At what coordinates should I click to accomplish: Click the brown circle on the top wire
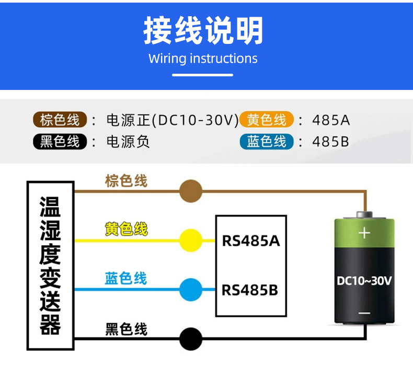191,191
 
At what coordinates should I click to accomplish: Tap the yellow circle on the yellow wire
191,241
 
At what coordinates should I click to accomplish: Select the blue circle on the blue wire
191,290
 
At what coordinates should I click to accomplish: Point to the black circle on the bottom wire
191,339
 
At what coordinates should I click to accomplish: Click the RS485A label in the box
251,241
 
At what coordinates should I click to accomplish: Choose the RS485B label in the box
250,290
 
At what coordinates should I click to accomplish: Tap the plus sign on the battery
364,233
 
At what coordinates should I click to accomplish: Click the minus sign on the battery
364,313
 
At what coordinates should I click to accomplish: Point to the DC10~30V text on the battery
364,281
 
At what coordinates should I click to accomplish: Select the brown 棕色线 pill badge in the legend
60,120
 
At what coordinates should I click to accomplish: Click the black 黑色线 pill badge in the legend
60,142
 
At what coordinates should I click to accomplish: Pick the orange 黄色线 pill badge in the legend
267,120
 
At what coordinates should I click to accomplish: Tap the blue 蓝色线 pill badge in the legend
267,142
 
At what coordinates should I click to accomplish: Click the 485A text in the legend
331,120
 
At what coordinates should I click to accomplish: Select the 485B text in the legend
330,142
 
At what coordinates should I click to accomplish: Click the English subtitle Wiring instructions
203,59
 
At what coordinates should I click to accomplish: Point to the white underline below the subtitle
202,75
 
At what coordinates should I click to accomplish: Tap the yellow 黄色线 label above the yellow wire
126,228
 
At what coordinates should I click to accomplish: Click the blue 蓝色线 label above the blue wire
125,278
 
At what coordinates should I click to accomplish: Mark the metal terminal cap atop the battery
364,215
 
